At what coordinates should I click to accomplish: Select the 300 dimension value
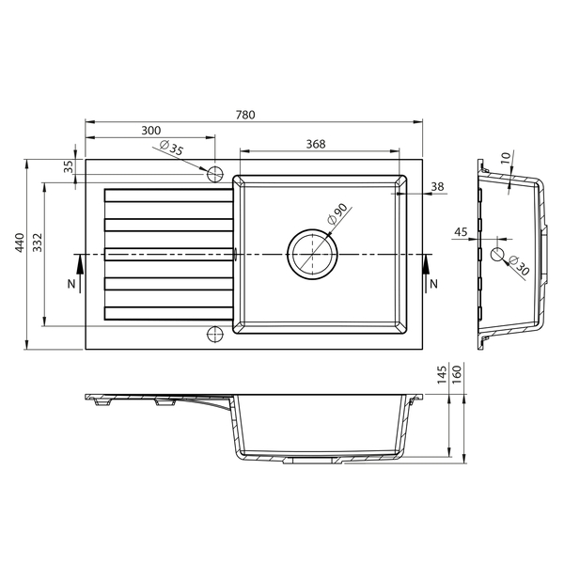[150, 131]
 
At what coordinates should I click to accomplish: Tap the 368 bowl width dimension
[316, 143]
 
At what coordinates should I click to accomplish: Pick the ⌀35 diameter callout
[173, 148]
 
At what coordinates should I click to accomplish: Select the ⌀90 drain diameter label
[337, 214]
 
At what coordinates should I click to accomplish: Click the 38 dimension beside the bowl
[437, 187]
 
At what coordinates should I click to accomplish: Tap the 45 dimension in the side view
[461, 231]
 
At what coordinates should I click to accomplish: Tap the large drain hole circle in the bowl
[309, 254]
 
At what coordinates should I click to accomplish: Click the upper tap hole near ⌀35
[213, 174]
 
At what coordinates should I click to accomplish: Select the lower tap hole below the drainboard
[213, 333]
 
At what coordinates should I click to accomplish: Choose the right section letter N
[432, 283]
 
